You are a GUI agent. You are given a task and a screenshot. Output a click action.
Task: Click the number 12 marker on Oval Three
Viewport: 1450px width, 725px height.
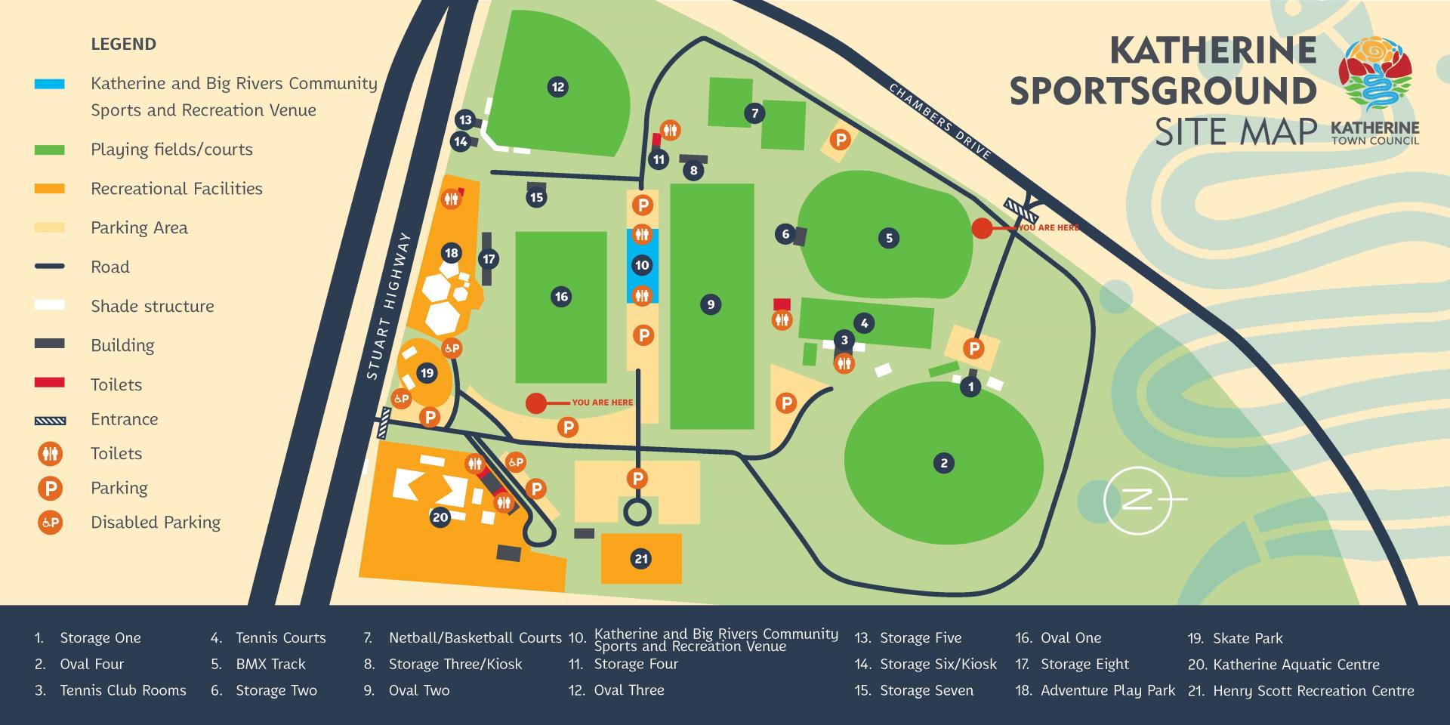(x=557, y=87)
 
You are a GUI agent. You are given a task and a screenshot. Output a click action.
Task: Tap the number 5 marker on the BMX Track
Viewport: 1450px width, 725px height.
(x=889, y=238)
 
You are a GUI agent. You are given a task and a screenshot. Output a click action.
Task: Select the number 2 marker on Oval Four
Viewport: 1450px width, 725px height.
(x=943, y=463)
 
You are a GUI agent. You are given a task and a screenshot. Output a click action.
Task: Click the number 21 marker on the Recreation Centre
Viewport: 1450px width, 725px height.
(x=641, y=559)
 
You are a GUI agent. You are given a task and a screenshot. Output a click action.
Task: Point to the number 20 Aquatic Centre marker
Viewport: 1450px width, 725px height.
(x=440, y=517)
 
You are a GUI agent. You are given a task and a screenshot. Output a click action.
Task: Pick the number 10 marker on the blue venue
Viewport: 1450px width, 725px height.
(x=642, y=265)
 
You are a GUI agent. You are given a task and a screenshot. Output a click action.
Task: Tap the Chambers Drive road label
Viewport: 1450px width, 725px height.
(x=939, y=121)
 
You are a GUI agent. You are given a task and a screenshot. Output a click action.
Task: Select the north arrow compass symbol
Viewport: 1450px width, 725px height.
(x=1137, y=500)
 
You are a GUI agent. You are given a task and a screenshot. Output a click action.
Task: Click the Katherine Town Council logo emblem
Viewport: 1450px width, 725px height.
(x=1374, y=72)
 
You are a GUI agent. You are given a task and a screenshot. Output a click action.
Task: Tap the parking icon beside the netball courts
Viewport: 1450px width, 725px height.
(x=840, y=140)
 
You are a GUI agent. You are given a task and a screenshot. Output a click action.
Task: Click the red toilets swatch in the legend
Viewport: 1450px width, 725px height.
(x=50, y=383)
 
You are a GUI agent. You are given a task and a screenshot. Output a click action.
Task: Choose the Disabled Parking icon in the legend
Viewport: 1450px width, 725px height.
(x=50, y=523)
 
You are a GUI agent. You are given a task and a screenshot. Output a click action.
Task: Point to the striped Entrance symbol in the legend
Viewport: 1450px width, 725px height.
(x=50, y=420)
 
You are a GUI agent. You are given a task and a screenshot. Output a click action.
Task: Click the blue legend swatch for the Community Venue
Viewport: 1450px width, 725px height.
(x=50, y=84)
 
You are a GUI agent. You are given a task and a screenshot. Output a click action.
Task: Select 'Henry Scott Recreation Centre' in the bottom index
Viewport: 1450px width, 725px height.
(x=1313, y=690)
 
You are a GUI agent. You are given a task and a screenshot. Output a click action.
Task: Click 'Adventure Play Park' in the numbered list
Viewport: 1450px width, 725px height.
(x=1107, y=690)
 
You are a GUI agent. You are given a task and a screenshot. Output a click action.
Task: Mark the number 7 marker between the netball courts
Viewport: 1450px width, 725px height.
(x=754, y=114)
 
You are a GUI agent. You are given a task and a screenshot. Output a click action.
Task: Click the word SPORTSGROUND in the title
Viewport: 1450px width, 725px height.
(x=1163, y=91)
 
